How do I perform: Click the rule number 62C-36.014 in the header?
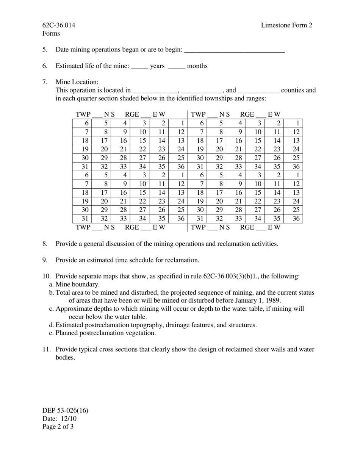(x=59, y=25)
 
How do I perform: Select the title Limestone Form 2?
(x=286, y=25)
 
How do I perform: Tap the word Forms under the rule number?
(x=51, y=34)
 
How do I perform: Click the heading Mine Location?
(x=77, y=82)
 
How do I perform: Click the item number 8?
(x=45, y=244)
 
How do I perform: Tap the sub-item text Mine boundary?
(x=78, y=285)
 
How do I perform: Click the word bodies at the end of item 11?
(x=65, y=357)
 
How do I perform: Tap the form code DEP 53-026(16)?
(x=65, y=410)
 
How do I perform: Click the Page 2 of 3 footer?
(x=58, y=427)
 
